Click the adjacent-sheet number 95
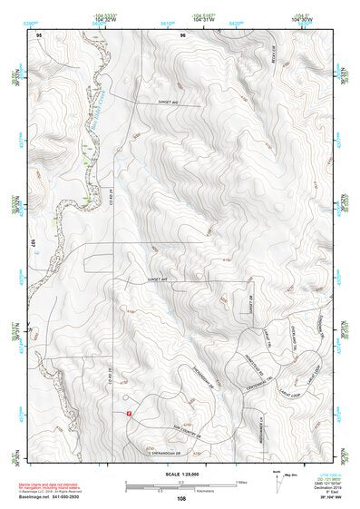[x=39, y=34]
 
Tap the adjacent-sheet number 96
[x=182, y=34]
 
